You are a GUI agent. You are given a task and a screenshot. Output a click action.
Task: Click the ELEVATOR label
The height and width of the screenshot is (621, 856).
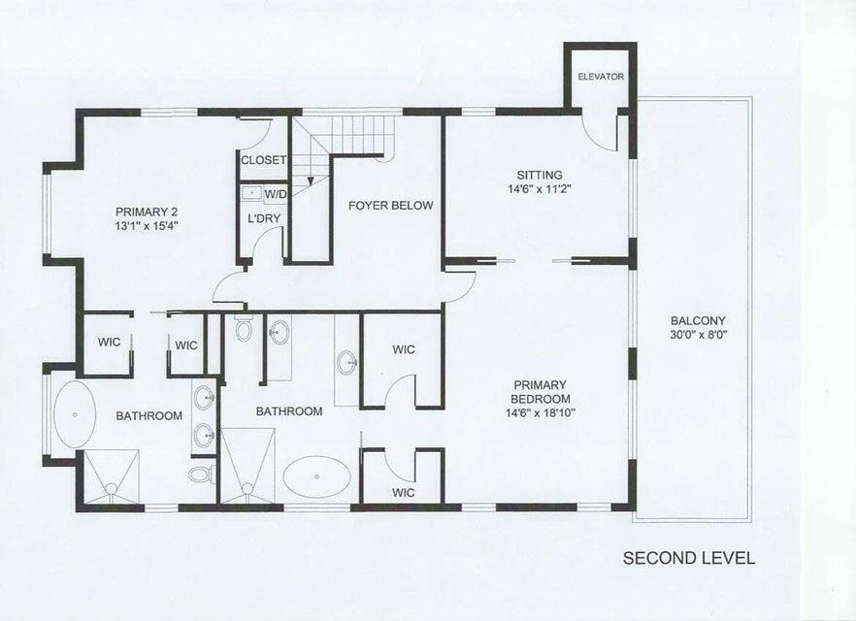coord(601,77)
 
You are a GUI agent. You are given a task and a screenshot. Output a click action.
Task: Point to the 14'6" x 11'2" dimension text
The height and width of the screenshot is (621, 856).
coord(540,189)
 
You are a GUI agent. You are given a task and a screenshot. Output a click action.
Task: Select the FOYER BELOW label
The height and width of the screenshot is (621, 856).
coord(390,206)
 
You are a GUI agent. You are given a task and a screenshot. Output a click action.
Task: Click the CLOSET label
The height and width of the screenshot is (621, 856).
coord(264,160)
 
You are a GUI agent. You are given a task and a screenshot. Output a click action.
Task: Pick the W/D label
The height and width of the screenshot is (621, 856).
coord(276,194)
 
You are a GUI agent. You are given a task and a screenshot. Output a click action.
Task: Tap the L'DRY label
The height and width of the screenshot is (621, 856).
coord(264,219)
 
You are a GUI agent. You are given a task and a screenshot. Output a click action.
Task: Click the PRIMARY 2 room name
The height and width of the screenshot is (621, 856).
coord(147,212)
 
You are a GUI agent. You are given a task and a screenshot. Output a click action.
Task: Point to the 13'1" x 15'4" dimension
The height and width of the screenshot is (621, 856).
coord(147,225)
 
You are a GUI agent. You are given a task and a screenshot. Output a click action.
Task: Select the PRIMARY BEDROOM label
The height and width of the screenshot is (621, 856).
coord(541,392)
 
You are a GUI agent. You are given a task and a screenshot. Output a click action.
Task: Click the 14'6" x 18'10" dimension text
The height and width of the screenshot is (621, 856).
coord(541,412)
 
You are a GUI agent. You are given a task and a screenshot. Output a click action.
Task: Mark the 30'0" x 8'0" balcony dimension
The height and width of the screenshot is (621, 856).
coord(698,335)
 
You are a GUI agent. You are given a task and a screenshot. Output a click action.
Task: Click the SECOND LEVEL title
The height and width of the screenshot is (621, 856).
coord(689,558)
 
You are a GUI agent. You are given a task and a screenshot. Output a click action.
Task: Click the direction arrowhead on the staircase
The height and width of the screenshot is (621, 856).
coord(311,180)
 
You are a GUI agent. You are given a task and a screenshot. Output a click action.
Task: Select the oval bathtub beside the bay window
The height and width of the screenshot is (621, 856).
coord(75,414)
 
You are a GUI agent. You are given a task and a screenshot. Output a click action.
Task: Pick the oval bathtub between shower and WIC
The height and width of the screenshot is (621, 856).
coord(317,477)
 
